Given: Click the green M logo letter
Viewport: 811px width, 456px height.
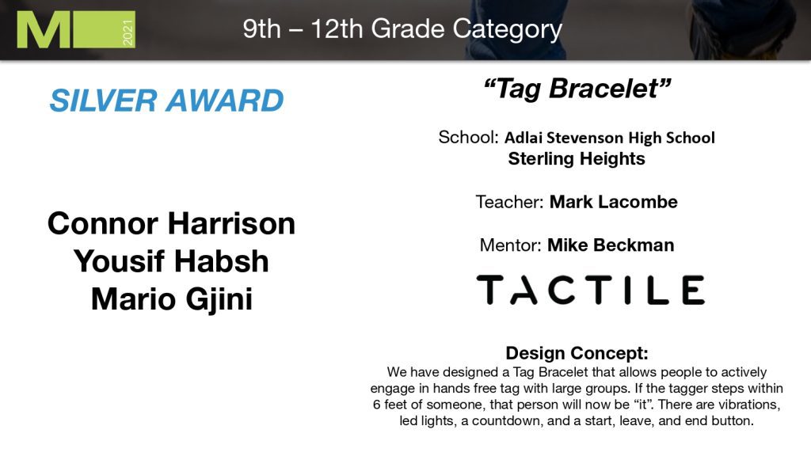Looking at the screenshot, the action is pos(43,30).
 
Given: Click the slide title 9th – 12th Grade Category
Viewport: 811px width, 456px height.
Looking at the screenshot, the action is pos(402,29).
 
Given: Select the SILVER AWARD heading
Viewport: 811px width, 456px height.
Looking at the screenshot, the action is pos(166,101).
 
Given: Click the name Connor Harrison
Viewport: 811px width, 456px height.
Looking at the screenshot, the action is pos(171,223).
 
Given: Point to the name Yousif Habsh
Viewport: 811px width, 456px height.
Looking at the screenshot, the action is pos(171,261).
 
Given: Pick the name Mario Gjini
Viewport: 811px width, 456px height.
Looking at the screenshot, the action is pos(172,299).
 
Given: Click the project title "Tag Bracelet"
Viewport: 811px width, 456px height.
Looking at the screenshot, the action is pos(577,88).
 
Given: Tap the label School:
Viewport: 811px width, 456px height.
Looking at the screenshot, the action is pos(469,137).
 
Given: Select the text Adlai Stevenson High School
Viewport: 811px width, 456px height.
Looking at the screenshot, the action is pos(610,138).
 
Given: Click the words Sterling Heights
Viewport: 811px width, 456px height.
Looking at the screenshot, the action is pos(577,158).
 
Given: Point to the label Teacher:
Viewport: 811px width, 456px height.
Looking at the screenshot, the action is pos(509,202).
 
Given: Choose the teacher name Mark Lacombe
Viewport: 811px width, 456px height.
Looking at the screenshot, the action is pos(614,202).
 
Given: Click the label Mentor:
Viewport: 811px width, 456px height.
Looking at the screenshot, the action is pos(511,245).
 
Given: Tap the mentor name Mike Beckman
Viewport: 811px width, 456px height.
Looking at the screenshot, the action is pos(611,245).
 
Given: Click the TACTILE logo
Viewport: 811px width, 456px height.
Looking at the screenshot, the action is pos(590,290).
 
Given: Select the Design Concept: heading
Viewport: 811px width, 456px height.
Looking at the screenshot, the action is pos(577,353).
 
